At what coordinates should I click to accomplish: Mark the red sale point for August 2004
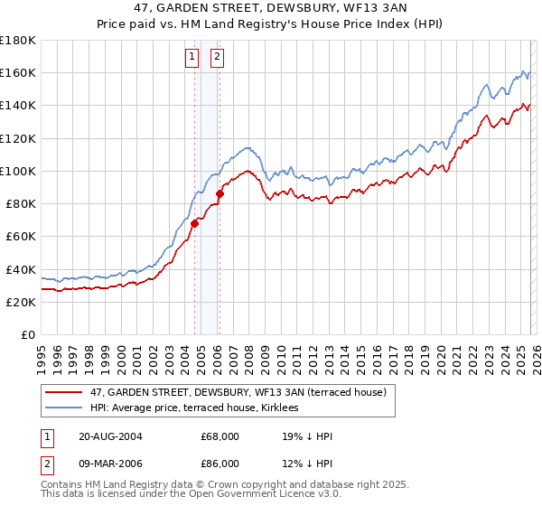coord(194,223)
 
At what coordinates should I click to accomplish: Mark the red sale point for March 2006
coord(220,193)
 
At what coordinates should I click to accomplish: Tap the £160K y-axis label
coord(18,72)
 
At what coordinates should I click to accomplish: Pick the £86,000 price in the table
coord(220,465)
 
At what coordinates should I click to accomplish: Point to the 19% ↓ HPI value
coord(307,436)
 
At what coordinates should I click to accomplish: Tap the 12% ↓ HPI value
coord(307,465)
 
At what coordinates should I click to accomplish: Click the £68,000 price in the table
coord(220,436)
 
